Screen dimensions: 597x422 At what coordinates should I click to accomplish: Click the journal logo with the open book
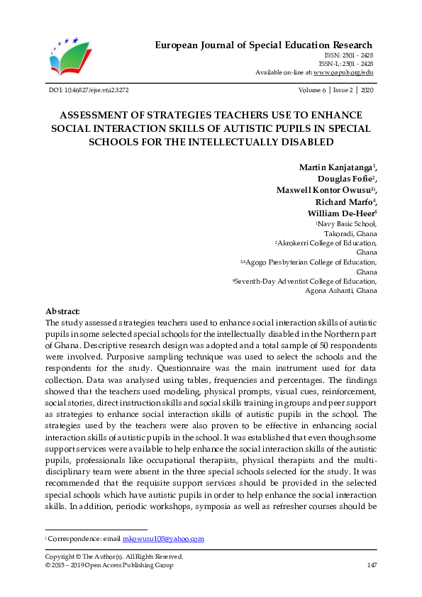[70, 55]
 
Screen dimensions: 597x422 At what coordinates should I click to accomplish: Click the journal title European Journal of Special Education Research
[264, 45]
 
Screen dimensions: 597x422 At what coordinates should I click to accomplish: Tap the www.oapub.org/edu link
[343, 72]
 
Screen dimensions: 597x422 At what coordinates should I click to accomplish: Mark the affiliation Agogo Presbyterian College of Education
[310, 262]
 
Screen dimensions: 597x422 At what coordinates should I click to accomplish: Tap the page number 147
[371, 565]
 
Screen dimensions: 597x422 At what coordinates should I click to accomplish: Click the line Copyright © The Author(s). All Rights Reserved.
[113, 557]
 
